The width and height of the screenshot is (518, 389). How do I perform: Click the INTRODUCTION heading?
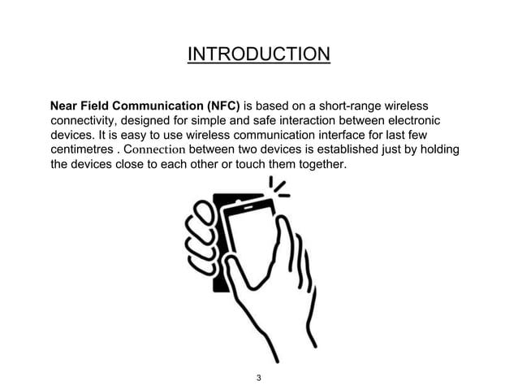[x=258, y=54]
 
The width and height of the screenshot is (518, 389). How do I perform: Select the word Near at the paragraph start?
[x=65, y=106]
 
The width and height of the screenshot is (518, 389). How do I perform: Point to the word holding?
[x=438, y=150]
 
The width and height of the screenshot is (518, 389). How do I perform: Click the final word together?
[x=323, y=165]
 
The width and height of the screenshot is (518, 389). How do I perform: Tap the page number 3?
[x=258, y=377]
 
